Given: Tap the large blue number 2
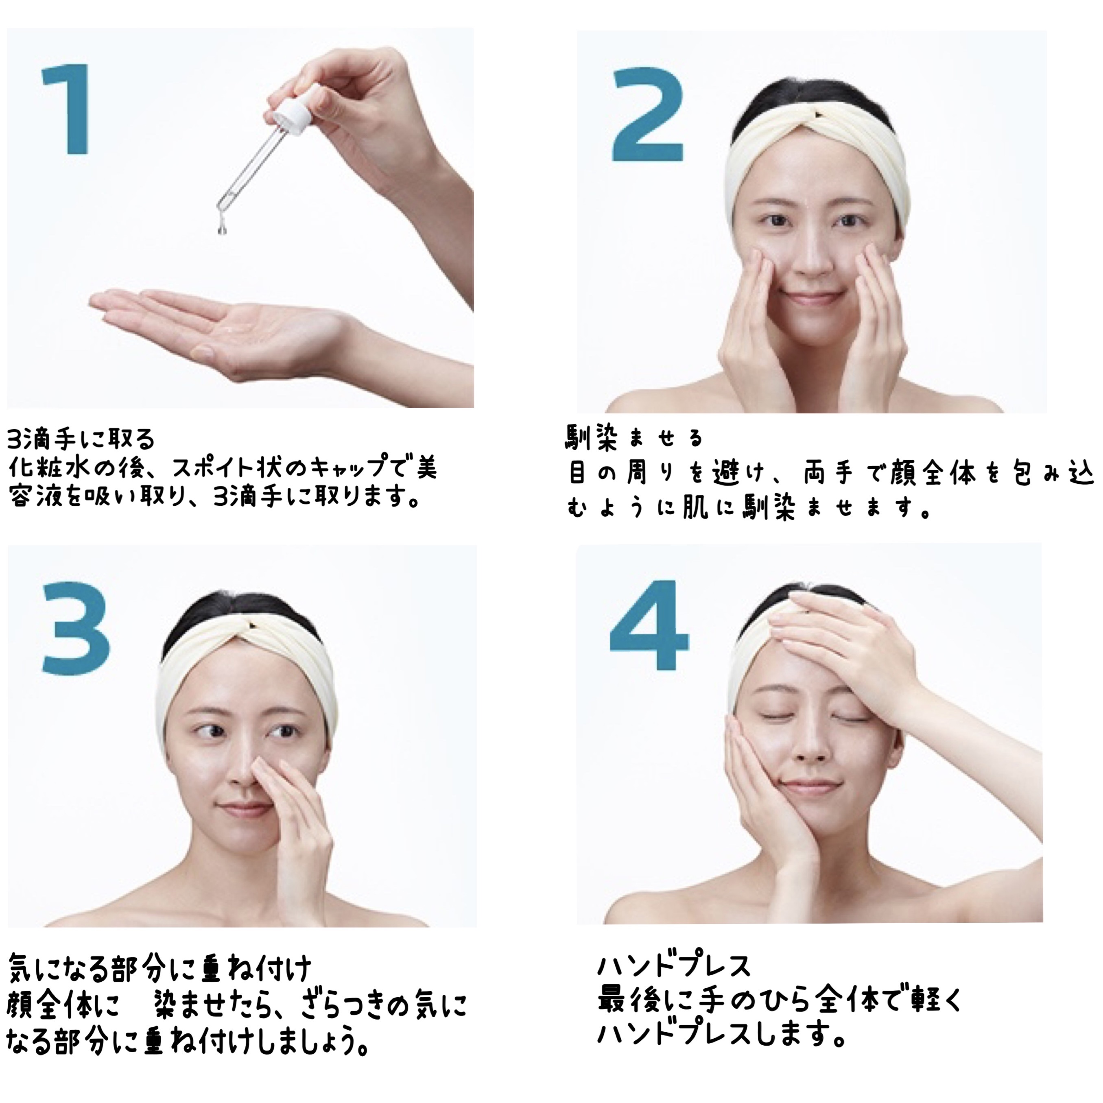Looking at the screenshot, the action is pyautogui.click(x=647, y=115).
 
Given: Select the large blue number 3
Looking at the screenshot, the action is pyautogui.click(x=76, y=627).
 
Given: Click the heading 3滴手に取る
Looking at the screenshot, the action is pyautogui.click(x=81, y=439).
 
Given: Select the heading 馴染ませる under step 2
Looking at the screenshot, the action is pyautogui.click(x=634, y=437).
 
